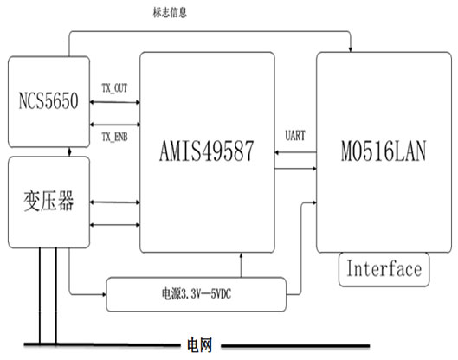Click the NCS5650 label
(x=48, y=100)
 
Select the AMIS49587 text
(x=207, y=151)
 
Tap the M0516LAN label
(x=384, y=151)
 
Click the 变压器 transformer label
(x=48, y=201)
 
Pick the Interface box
(x=384, y=269)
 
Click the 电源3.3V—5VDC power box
(x=196, y=294)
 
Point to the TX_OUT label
(x=114, y=88)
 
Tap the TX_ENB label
(x=114, y=137)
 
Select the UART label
(x=295, y=136)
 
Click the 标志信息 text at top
(x=170, y=13)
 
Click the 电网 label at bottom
(x=199, y=345)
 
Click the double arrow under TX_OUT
(x=115, y=102)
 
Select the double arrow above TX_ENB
(x=115, y=125)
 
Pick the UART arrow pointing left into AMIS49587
(x=295, y=152)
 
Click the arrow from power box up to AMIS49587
(x=241, y=265)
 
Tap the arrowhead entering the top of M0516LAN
(x=351, y=49)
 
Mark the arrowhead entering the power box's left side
(x=104, y=294)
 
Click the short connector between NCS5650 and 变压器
(x=69, y=151)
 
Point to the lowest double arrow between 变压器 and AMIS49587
(x=115, y=225)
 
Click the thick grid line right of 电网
(x=295, y=346)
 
